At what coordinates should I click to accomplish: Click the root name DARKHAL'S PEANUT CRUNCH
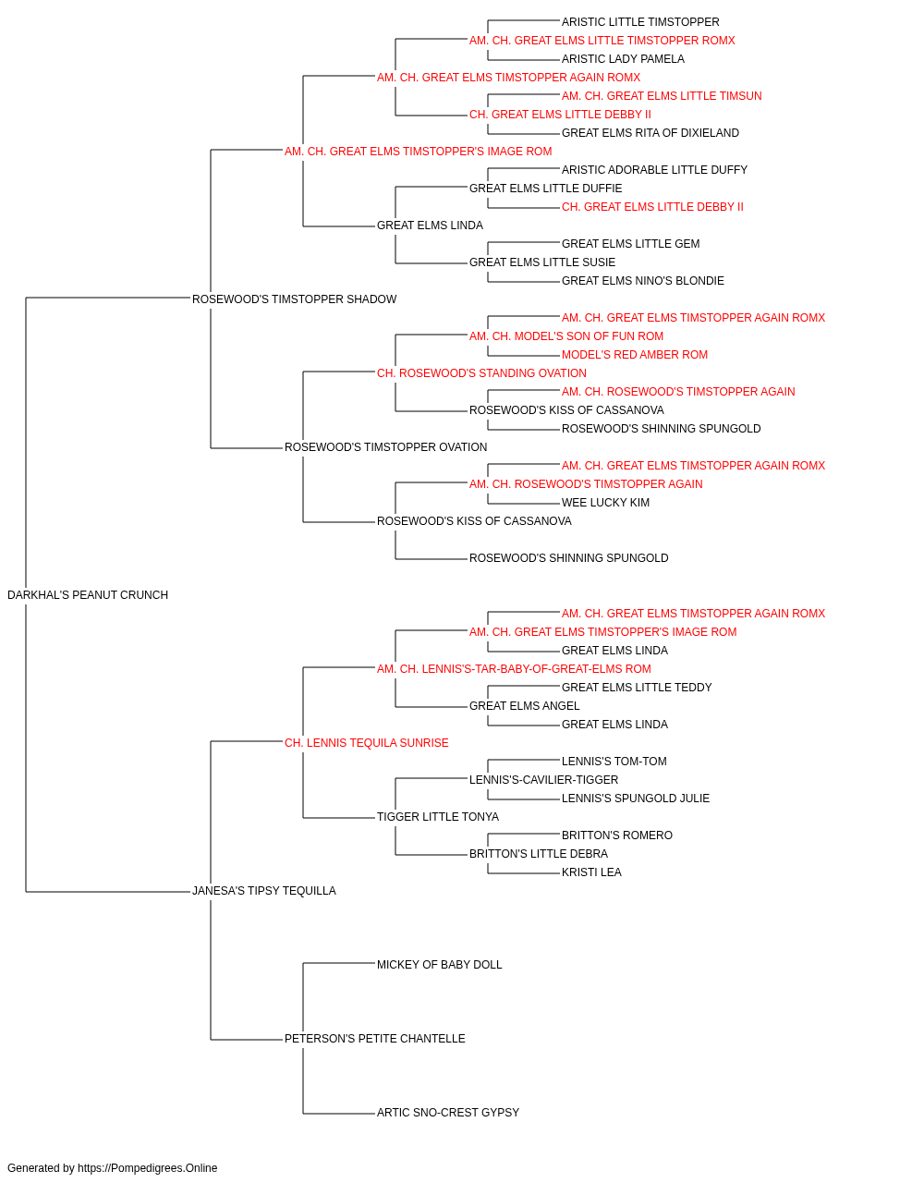(88, 595)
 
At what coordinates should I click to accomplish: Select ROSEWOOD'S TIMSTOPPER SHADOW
(295, 299)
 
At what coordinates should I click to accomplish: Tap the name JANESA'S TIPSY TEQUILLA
(264, 891)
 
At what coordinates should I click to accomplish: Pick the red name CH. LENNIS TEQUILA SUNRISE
(367, 743)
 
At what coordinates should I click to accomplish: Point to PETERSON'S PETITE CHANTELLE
(375, 1039)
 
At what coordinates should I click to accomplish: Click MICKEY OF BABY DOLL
(440, 965)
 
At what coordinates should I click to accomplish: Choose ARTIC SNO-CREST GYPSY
(448, 1113)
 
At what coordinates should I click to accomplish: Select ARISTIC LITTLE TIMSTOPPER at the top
(640, 22)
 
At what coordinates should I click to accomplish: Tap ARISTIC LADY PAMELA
(623, 59)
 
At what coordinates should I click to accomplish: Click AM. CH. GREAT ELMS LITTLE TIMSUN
(662, 96)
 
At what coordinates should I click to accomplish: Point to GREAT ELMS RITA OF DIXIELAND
(650, 133)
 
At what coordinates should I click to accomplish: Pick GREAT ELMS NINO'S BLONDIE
(643, 281)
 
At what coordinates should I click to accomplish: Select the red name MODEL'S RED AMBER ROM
(635, 355)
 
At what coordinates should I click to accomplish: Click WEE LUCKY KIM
(605, 503)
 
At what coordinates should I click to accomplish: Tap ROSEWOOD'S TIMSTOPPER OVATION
(386, 447)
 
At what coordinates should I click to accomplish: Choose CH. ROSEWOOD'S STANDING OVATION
(481, 373)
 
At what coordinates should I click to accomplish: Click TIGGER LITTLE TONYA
(438, 817)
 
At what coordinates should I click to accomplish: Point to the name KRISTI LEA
(591, 872)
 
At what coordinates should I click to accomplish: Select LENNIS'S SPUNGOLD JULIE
(636, 799)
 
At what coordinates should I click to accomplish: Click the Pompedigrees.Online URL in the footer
(148, 1168)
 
